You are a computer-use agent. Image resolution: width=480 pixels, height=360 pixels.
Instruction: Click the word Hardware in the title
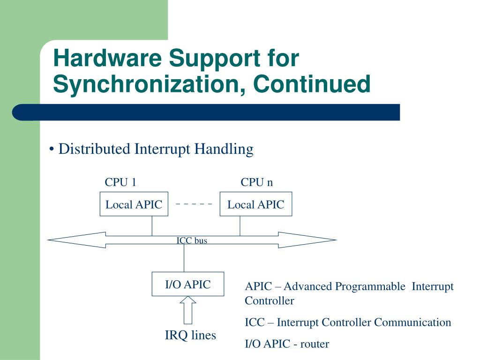(107, 58)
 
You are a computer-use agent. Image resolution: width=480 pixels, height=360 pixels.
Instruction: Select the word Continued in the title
(312, 83)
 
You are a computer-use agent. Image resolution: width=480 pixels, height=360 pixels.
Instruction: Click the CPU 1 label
(120, 182)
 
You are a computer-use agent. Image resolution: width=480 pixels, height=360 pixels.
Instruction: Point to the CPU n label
(256, 182)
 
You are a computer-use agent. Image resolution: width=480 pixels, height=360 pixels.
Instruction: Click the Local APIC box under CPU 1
(134, 204)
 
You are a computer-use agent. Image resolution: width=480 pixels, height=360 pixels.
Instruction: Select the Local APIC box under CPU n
(256, 204)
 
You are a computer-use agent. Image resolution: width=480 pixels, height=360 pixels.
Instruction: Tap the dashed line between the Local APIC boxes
(194, 204)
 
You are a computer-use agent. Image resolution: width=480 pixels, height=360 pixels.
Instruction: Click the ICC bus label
(192, 240)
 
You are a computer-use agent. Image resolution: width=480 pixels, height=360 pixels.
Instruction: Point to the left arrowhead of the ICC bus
(76, 240)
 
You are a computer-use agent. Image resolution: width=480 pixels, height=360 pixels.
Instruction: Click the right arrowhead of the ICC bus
(307, 240)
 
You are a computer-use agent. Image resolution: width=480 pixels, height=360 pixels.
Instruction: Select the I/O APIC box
(188, 284)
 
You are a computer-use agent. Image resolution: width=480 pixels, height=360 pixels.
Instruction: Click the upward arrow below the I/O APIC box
(188, 310)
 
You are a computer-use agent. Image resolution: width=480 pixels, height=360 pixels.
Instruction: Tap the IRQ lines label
(190, 335)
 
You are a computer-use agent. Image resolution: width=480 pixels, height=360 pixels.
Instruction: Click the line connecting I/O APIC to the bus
(184, 258)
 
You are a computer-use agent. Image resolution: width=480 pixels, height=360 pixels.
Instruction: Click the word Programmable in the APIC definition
(370, 286)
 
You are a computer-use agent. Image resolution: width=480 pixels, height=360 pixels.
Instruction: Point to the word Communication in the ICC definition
(412, 322)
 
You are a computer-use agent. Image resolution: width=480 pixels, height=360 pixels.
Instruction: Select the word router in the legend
(315, 344)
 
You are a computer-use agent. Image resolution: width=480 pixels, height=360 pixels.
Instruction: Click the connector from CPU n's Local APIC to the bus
(240, 226)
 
